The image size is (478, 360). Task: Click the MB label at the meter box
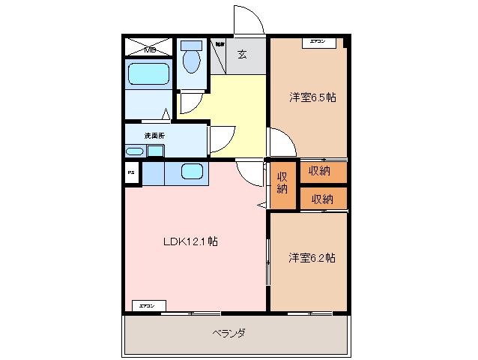click(x=150, y=50)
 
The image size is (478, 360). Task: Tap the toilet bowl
click(x=192, y=60)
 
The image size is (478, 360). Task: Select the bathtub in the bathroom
click(x=148, y=74)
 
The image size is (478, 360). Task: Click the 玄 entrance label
click(x=242, y=53)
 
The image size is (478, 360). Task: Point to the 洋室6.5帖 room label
click(x=312, y=97)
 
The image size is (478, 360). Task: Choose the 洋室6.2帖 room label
click(x=312, y=258)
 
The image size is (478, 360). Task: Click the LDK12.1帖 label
click(x=191, y=241)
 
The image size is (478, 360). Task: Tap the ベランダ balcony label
click(x=229, y=332)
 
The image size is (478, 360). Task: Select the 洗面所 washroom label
click(x=154, y=135)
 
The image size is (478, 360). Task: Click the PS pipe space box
click(x=132, y=173)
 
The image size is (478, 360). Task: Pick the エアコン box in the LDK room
click(x=148, y=306)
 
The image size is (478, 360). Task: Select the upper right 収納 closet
click(x=322, y=171)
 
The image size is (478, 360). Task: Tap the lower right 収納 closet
click(x=322, y=199)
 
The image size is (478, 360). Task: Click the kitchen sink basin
click(x=192, y=172)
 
